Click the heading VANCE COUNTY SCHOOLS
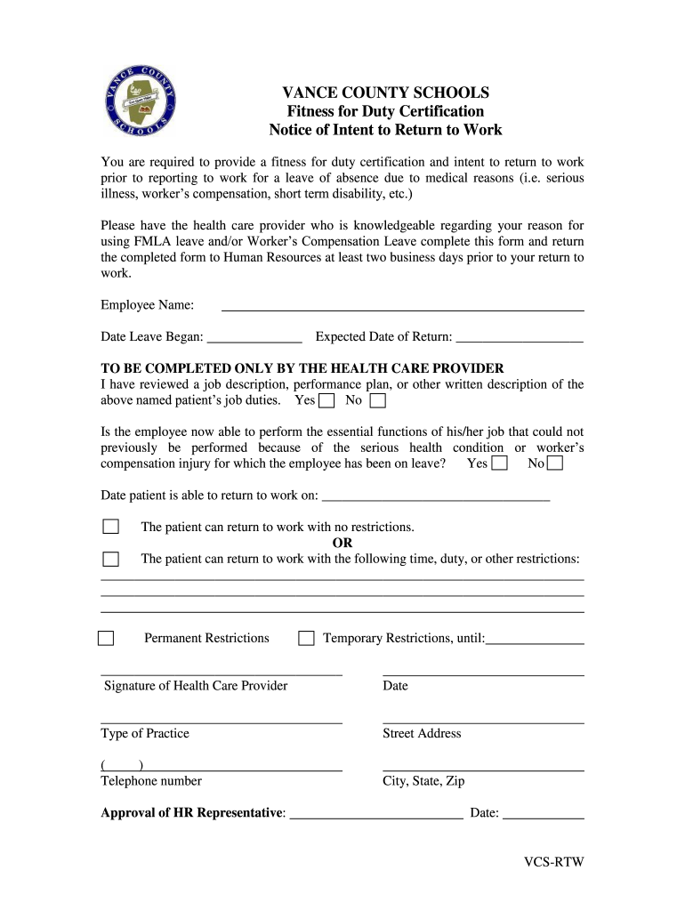(x=385, y=93)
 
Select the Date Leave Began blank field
(x=254, y=337)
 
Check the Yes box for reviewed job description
(x=326, y=401)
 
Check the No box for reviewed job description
(x=377, y=401)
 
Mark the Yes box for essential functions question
(x=499, y=464)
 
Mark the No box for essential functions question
(x=554, y=464)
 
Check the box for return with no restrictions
(x=110, y=527)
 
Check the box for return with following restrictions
(x=110, y=559)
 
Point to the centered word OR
(x=342, y=543)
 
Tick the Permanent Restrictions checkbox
(x=106, y=638)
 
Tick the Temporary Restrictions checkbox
(x=306, y=638)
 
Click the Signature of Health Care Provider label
(x=196, y=686)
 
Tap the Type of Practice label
(x=145, y=734)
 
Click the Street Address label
(x=422, y=734)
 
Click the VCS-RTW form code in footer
(x=553, y=863)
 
